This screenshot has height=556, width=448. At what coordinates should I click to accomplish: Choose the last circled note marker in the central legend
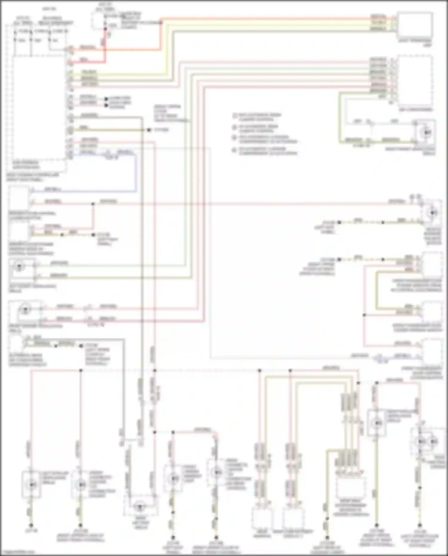(x=235, y=150)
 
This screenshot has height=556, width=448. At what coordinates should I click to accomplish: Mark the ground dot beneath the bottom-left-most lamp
(x=31, y=525)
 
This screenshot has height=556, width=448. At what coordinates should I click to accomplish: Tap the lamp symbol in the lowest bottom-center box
(x=139, y=507)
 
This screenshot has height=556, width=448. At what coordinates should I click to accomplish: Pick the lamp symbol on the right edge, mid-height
(x=433, y=213)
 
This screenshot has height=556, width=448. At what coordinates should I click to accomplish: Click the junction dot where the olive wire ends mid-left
(x=149, y=130)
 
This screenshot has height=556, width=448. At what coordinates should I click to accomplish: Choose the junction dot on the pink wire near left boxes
(x=93, y=204)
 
